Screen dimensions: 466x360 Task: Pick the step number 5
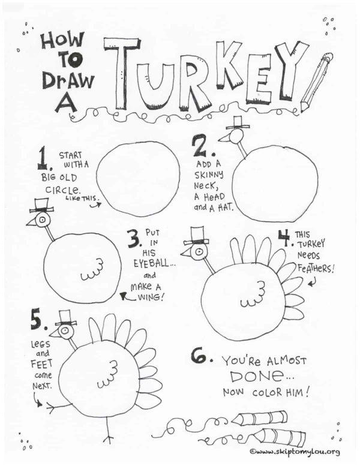(38, 321)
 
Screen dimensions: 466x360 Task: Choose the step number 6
(200, 356)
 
